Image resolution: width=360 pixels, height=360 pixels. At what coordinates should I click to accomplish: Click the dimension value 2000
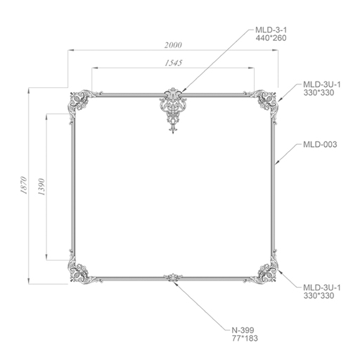tap(173, 45)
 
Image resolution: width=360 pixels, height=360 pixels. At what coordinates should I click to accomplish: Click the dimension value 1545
tap(173, 63)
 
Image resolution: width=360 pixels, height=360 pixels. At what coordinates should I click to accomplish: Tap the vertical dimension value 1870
tap(24, 185)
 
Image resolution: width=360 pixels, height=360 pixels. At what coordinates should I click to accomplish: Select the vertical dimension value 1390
tap(41, 187)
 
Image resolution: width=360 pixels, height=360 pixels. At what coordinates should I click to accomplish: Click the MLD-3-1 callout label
tap(271, 30)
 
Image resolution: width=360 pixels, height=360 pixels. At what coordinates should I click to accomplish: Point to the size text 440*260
tap(271, 38)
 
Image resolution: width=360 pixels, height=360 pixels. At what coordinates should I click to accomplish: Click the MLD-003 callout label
tap(320, 144)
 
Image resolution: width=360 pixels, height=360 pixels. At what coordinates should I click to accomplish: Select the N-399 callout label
tap(243, 330)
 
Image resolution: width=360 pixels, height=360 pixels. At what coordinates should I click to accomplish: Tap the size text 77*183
tap(245, 338)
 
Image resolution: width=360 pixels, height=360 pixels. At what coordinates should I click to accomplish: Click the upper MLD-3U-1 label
tap(322, 84)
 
